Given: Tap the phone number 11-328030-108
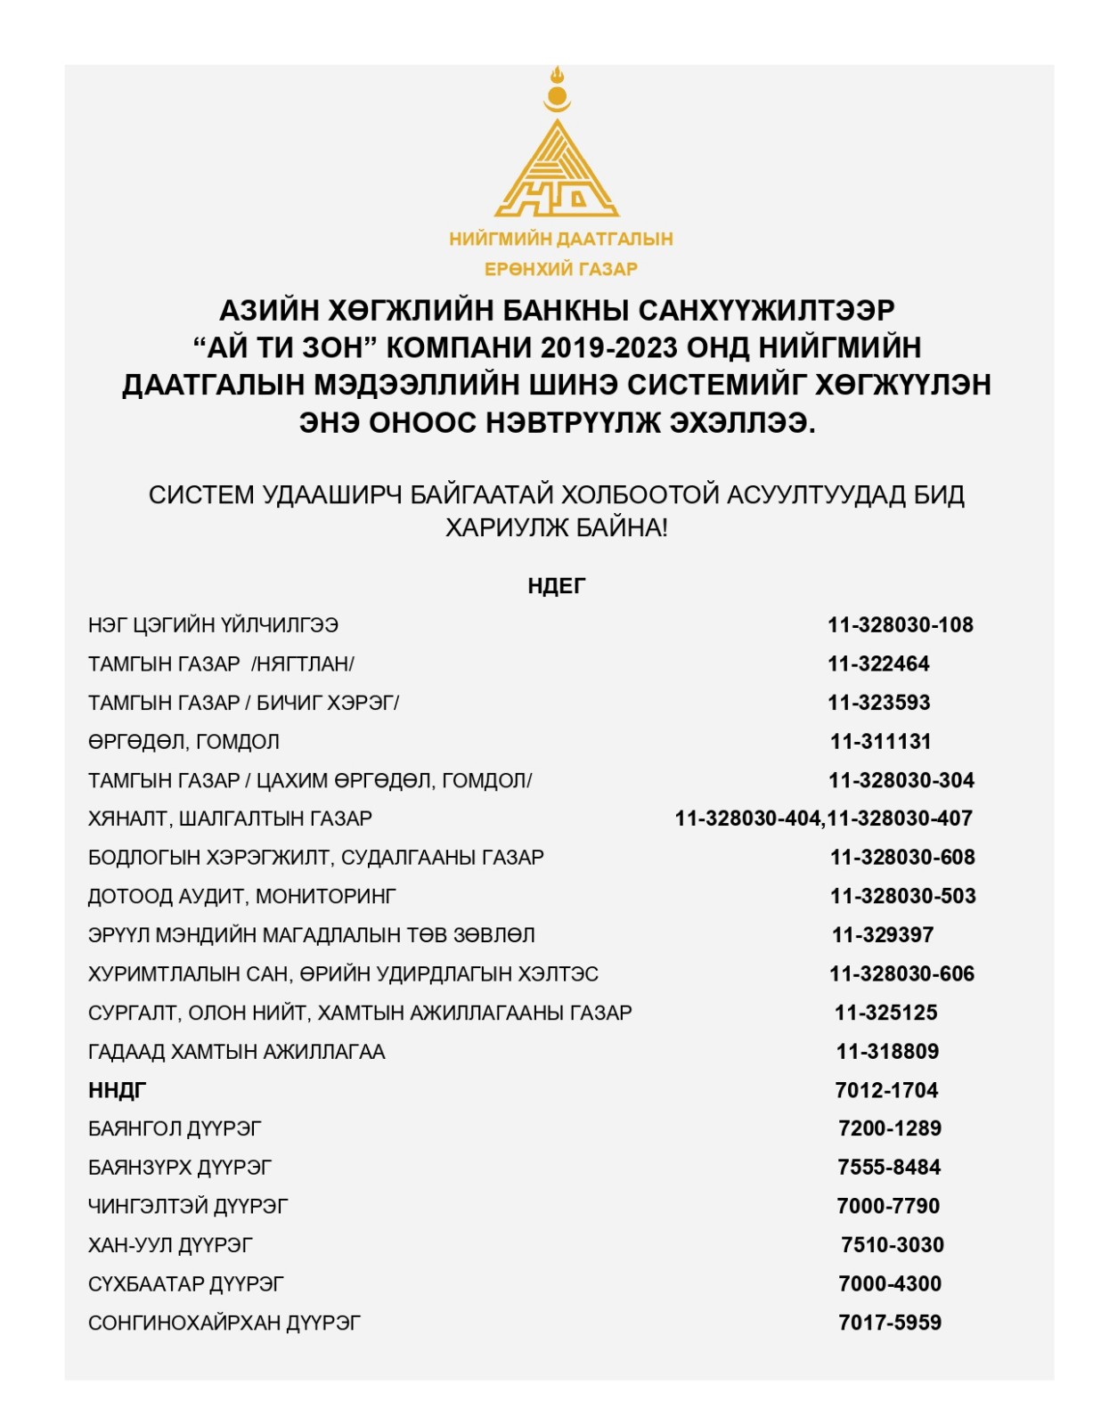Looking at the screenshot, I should [x=900, y=625].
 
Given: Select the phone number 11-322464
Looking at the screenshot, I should [x=878, y=664].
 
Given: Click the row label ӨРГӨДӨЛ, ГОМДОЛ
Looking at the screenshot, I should [x=183, y=741].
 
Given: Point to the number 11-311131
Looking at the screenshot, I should [x=880, y=741].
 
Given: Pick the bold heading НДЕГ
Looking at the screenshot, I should [x=556, y=586].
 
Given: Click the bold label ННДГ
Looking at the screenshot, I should [x=117, y=1090].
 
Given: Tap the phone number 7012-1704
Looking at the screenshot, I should [x=886, y=1090].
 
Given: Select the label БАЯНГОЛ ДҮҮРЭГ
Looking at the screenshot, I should [x=175, y=1128].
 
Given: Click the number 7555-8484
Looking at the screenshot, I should [x=889, y=1167].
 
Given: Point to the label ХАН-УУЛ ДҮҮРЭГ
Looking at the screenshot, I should [x=170, y=1245].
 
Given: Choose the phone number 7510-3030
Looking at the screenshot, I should [x=892, y=1245].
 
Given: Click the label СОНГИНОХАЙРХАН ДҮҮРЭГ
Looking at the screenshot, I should [x=224, y=1323].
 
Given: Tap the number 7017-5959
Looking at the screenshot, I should [x=889, y=1323].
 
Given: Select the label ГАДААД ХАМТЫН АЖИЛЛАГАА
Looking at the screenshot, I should [x=236, y=1052].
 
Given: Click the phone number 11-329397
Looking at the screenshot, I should [x=882, y=935].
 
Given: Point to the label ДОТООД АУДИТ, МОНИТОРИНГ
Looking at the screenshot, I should [x=241, y=896].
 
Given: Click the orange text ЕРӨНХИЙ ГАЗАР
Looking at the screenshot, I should [x=560, y=269].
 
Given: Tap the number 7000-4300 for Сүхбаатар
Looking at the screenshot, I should [x=889, y=1283].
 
